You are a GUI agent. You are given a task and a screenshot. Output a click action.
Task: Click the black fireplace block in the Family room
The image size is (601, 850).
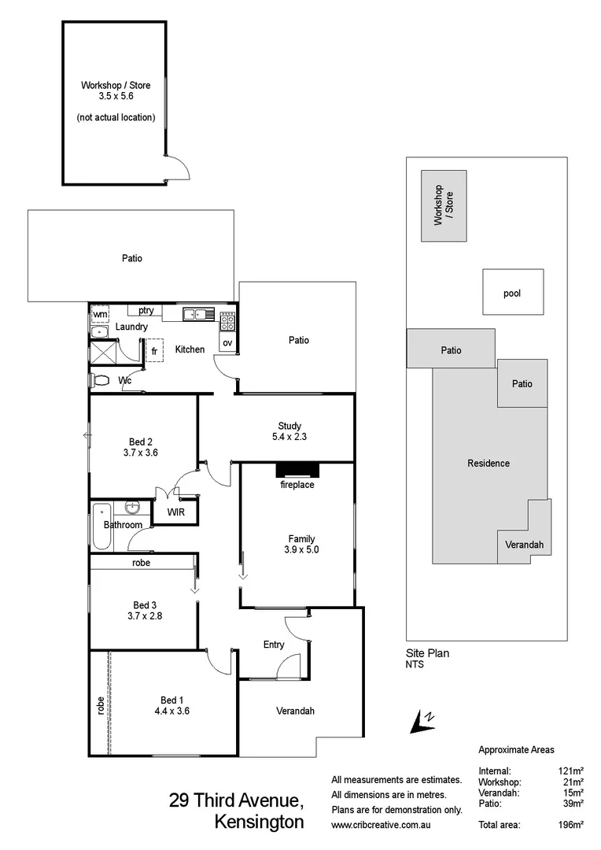click(297, 470)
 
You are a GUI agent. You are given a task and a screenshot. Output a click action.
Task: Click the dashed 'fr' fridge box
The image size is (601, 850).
click(153, 350)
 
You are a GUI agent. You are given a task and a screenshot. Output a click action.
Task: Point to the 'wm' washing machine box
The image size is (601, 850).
click(100, 314)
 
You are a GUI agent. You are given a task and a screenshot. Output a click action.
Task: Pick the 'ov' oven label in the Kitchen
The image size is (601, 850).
click(227, 342)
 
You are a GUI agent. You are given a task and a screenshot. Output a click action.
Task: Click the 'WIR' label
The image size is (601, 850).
click(175, 512)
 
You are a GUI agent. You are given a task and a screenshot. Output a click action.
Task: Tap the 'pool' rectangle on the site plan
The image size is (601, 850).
click(512, 294)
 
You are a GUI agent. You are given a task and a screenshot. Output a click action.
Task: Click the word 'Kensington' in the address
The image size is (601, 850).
click(259, 822)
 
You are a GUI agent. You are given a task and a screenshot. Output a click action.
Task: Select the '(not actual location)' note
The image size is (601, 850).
click(116, 117)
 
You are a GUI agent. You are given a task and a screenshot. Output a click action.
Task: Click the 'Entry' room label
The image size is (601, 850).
click(274, 645)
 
